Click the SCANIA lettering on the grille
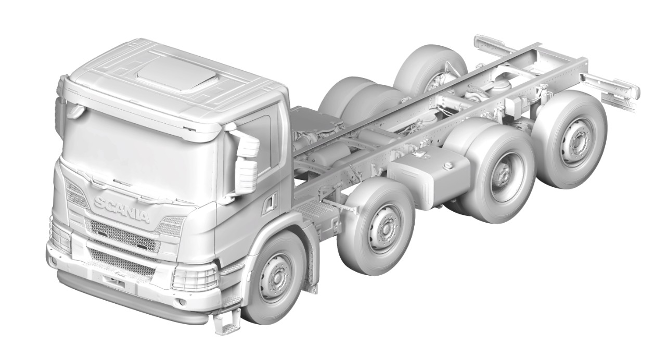[121, 209]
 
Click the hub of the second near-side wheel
[386, 227]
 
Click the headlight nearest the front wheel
[194, 277]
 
